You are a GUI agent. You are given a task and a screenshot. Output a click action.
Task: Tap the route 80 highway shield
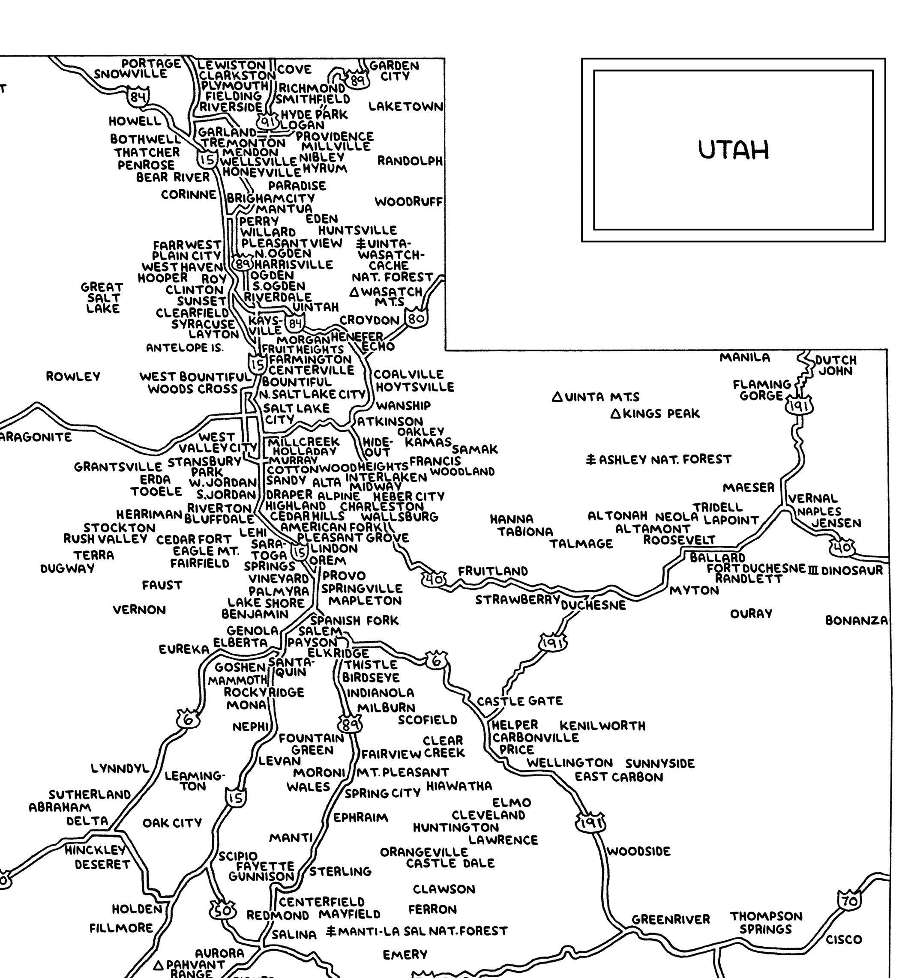pos(416,318)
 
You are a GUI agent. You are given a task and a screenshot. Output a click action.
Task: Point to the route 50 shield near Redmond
pos(222,910)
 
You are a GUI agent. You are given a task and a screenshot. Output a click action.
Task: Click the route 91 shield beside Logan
pos(268,120)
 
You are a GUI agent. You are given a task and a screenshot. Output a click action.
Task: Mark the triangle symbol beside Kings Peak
pos(615,414)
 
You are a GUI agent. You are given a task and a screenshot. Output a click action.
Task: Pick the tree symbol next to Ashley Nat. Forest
pos(591,460)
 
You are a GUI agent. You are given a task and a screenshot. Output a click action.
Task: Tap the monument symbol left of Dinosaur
pos(812,570)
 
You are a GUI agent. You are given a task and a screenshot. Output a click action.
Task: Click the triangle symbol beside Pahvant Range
pos(159,965)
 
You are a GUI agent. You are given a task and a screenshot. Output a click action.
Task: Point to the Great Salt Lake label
pos(102,298)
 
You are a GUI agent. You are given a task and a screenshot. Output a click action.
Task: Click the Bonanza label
pos(856,620)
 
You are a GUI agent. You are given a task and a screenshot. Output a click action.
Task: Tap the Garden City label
pos(394,71)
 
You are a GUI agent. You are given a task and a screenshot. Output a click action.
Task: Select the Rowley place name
pos(73,377)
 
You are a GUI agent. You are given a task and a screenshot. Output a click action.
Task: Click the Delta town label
pos(87,821)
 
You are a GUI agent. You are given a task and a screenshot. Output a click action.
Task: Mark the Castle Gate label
pos(519,700)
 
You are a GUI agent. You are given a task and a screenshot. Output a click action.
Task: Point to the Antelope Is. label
pos(185,348)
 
